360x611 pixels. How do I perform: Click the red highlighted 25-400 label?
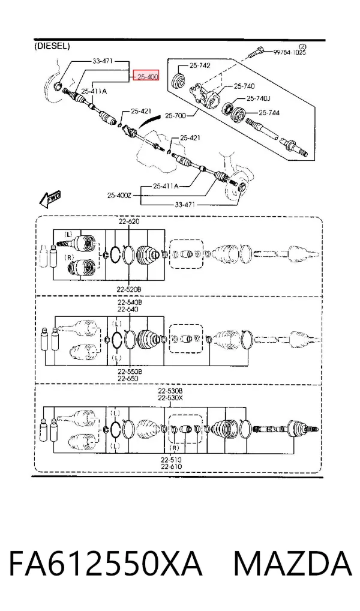146,77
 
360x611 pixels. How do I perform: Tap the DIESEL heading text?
52,46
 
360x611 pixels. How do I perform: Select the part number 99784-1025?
289,52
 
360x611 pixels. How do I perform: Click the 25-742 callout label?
200,65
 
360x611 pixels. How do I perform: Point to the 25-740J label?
259,99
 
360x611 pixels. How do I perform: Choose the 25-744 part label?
269,113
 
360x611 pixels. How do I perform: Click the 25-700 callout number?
175,115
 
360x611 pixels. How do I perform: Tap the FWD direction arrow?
49,200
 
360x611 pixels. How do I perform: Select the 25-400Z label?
119,195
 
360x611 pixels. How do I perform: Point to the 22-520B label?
128,289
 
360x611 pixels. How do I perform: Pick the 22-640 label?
129,309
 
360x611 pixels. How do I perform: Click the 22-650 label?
128,378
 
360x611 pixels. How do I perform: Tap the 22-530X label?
170,398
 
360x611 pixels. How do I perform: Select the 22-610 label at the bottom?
171,466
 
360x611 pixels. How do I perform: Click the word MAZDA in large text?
293,563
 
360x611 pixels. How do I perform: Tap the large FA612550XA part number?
106,563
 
